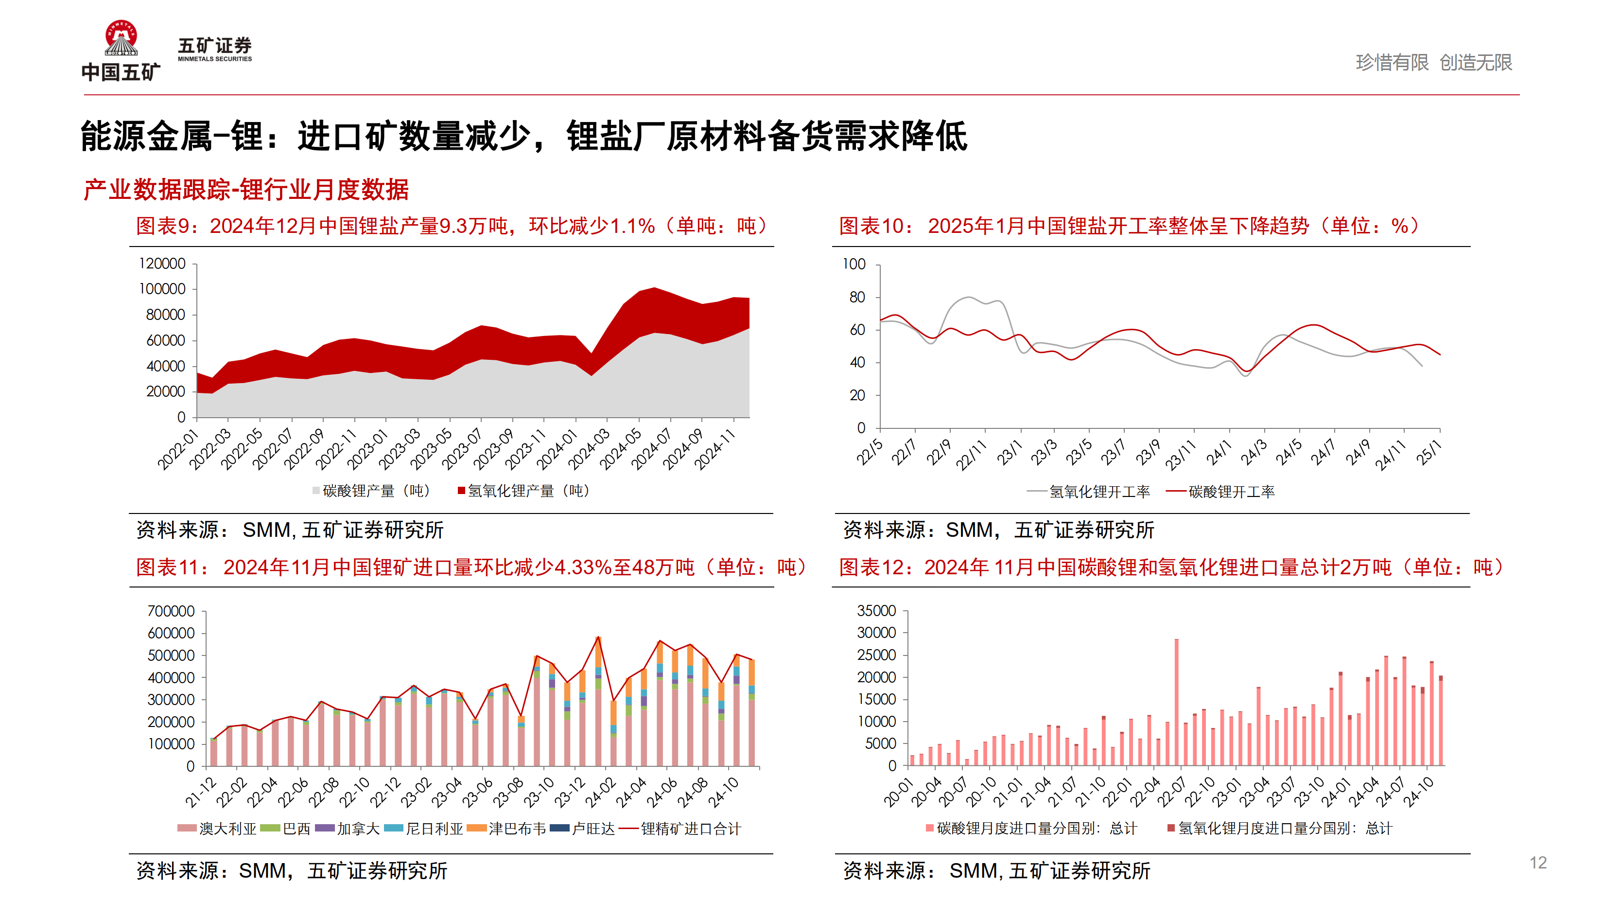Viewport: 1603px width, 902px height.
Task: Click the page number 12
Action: [x=1538, y=862]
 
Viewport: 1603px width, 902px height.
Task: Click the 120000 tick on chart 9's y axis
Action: [x=162, y=264]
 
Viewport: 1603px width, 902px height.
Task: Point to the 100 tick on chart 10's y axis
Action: [x=854, y=264]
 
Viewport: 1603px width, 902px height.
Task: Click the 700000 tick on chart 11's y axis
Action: [x=171, y=611]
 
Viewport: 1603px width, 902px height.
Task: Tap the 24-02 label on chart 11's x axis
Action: [x=600, y=792]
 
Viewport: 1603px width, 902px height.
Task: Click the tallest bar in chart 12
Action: [x=1176, y=704]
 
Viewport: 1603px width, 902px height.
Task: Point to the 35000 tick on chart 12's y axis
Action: [x=876, y=610]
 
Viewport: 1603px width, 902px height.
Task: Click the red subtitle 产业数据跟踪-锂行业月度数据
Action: [x=246, y=189]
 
